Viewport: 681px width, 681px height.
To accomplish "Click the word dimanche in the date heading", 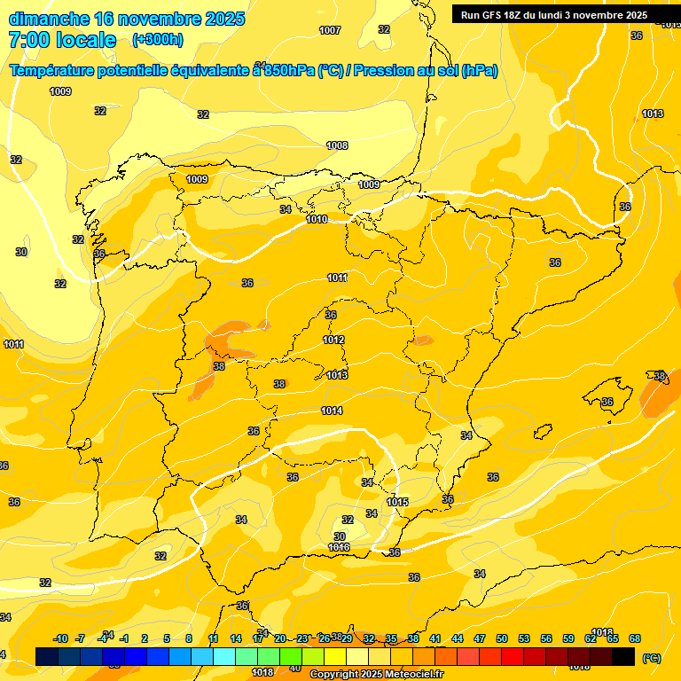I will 48,19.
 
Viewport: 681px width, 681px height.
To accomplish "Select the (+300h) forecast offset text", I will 158,39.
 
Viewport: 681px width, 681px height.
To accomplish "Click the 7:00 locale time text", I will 62,40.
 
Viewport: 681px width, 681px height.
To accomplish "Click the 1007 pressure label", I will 330,31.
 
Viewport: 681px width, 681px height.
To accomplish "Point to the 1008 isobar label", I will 337,145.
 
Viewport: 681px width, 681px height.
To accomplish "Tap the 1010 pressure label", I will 317,219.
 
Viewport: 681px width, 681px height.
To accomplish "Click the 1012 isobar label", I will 333,340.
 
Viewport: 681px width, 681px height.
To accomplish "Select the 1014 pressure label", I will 332,411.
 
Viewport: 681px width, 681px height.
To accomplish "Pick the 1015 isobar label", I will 397,503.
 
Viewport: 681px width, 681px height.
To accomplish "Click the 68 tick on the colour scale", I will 635,638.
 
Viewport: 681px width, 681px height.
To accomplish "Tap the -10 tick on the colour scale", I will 61,638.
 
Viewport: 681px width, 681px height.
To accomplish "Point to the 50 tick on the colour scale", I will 502,638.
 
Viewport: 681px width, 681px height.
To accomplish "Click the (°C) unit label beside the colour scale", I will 651,658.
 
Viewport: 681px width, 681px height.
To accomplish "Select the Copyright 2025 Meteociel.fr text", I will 376,675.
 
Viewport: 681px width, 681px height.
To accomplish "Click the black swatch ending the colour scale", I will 623,656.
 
